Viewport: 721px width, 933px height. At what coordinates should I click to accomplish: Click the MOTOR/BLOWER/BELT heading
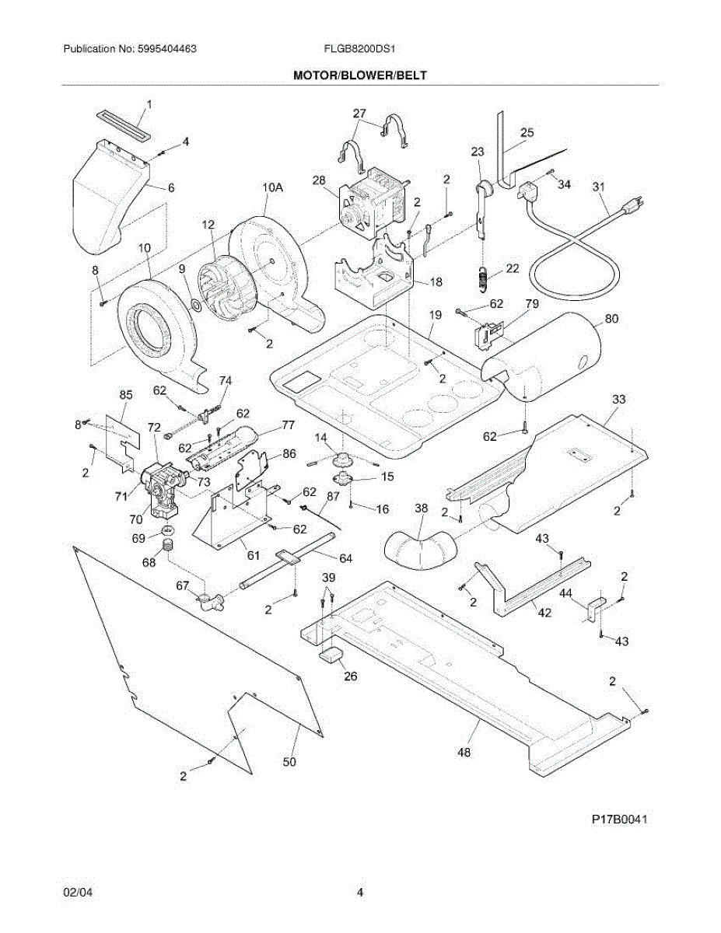click(x=360, y=75)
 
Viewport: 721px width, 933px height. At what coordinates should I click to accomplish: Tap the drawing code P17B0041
click(x=619, y=820)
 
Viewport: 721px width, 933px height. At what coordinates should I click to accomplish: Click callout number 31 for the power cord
click(x=598, y=187)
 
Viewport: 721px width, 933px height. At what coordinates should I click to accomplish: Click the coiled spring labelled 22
click(x=483, y=277)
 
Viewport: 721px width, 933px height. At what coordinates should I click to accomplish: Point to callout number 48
click(x=464, y=752)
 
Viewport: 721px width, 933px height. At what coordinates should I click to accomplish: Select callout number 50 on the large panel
click(x=289, y=762)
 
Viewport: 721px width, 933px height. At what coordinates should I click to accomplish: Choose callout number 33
click(x=619, y=399)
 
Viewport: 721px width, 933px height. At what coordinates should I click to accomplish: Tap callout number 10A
click(x=271, y=187)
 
